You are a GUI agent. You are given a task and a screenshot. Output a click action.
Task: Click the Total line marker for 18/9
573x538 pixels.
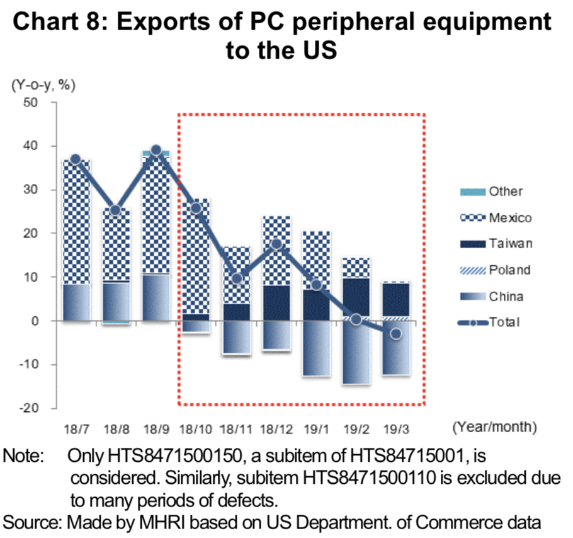156,151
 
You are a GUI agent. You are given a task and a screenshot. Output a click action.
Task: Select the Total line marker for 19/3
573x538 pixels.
395,333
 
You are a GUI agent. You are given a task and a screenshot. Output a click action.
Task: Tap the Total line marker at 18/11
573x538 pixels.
236,278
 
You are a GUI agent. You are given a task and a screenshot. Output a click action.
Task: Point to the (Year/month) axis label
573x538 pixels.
494,428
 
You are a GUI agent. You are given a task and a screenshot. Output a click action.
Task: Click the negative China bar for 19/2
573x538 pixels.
356,353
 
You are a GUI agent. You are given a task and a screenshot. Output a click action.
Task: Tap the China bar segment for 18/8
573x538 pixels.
116,302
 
